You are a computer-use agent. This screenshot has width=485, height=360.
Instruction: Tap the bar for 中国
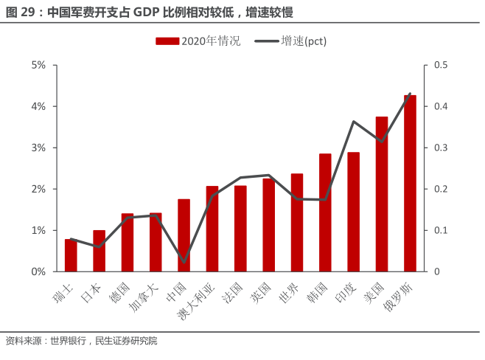pos(184,235)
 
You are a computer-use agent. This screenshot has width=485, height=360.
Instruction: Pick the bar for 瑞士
pos(71,255)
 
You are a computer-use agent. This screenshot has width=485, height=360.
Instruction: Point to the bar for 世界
pos(297,223)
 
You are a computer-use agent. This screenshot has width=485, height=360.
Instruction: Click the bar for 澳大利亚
pos(212,229)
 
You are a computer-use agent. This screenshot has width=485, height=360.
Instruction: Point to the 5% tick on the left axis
pos(38,65)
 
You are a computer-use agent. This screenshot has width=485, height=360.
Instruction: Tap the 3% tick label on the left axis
pos(38,148)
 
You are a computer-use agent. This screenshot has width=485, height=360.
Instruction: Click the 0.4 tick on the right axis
pos(441,106)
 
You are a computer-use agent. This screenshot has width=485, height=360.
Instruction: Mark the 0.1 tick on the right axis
pos(441,230)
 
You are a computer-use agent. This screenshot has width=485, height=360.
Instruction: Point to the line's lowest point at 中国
pos(184,261)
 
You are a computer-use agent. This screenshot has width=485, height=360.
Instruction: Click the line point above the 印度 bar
pos(354,122)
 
